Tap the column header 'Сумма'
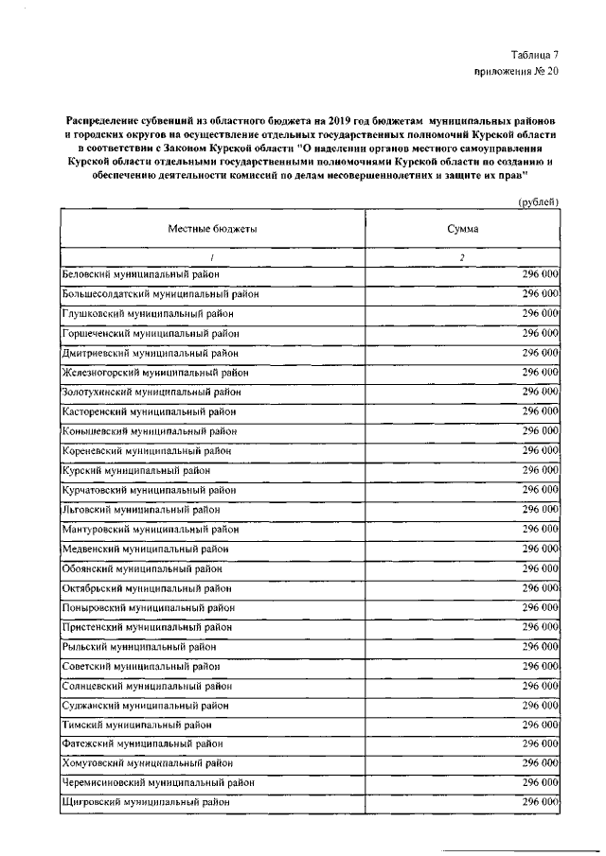(463, 230)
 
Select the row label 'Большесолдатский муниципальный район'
(160, 293)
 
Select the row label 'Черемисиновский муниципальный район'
(157, 783)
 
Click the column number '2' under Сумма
(462, 256)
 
